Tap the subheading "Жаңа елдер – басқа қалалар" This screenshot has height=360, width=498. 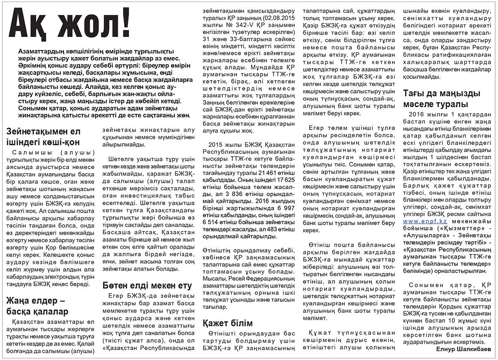pos(38,306)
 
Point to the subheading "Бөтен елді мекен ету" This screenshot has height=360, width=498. pos(147,286)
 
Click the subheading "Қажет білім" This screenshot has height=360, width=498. pos(228,323)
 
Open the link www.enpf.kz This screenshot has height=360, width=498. pos(421,222)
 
